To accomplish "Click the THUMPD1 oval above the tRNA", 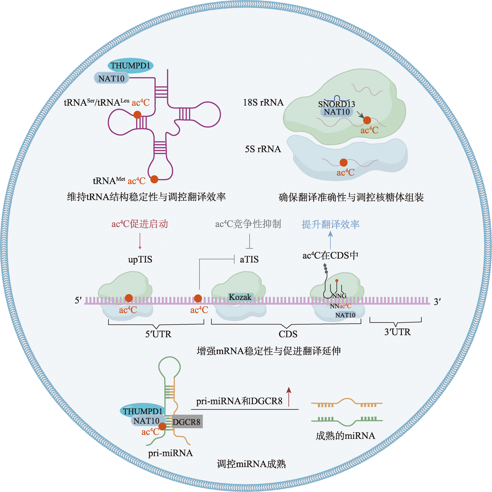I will [130, 66].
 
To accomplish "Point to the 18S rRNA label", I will [263, 102].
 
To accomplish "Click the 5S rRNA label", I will [263, 149].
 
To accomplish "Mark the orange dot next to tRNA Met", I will [154, 179].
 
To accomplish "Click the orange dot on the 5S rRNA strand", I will [343, 162].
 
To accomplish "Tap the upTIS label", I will [140, 259].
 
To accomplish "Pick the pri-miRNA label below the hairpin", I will [170, 453].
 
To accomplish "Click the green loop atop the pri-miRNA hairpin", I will [169, 367].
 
